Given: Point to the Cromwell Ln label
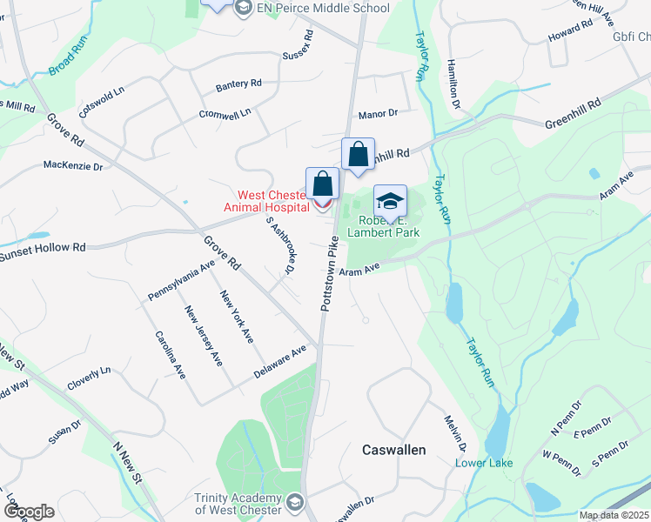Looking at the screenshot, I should pos(225,113).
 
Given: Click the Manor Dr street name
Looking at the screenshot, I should pos(378,113).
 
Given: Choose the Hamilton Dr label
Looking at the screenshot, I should pos(452,84).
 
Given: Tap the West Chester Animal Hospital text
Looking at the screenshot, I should pos(268,201).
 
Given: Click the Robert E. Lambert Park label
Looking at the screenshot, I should pos(384,227).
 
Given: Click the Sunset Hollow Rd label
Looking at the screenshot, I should pos(42,251).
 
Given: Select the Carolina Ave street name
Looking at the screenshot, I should pos(171,354).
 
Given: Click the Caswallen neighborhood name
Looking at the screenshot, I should pos(393,449).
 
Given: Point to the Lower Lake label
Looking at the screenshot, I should pos(484,463).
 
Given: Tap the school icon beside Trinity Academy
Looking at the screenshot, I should pos(295,502).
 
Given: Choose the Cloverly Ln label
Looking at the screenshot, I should pos(89,376).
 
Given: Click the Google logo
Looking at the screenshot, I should pos(29,512).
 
